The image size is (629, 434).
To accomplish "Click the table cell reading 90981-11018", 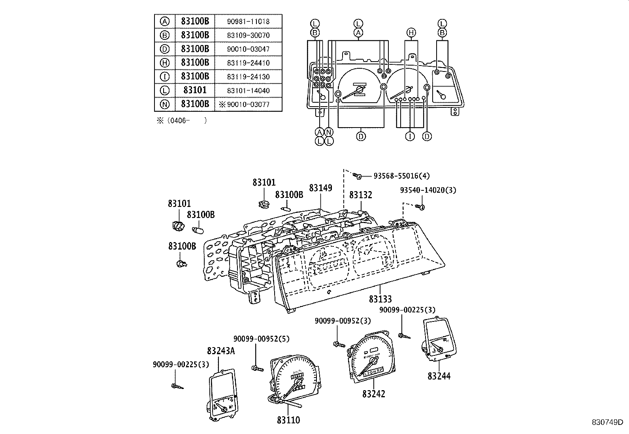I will tap(248, 21).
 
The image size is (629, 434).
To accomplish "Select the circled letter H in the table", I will tap(165, 62).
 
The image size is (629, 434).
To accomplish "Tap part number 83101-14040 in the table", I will tap(248, 90).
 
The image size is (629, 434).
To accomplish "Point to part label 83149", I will tap(320, 188).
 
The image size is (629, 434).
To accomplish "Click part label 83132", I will tap(360, 195).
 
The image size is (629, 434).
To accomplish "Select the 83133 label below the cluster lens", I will tap(380, 299).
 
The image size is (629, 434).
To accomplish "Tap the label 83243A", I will tap(220, 351).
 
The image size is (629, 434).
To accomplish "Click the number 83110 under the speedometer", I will tap(288, 420).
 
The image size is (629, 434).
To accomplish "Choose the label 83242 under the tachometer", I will tap(373, 394).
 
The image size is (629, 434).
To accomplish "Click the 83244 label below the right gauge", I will tap(439, 376).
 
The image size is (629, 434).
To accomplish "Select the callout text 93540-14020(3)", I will tap(428, 190).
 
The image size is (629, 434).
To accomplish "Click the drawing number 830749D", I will tap(607, 422).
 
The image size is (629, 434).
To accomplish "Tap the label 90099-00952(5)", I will tap(261, 339).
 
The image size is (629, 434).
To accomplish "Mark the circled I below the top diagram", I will tap(411, 136).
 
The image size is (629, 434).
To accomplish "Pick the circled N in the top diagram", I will tap(329, 132).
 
